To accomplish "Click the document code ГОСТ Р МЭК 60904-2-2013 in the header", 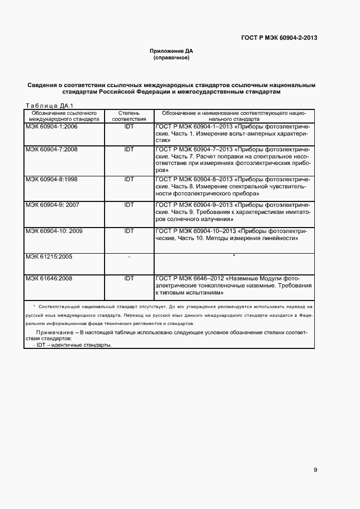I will coord(279,38).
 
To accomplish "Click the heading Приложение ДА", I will coord(172,51).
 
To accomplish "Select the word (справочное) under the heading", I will coord(172,58).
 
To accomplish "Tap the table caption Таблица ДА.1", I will coord(50,105).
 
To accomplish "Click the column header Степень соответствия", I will coord(129,115).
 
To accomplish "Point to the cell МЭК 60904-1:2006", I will coord(51,126).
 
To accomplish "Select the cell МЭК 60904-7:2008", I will coord(51,149).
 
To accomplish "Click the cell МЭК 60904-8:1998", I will coord(51,179).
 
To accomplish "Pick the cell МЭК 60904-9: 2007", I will coord(52,205).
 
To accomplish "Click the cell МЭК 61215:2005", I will coord(49,255).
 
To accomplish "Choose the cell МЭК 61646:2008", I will coord(49,278).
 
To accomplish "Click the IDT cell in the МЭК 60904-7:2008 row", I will coord(129,149).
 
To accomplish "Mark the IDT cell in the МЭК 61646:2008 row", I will coord(129,278).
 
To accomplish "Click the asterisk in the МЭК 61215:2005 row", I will coord(234,255).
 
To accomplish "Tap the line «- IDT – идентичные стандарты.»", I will coord(72,345).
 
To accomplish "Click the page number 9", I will coord(315,470).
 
